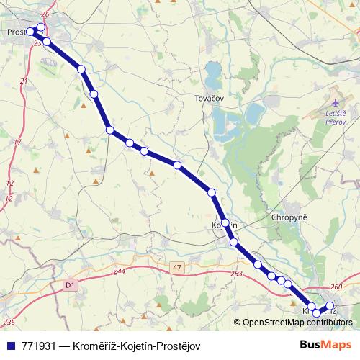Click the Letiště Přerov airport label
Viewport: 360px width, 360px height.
coord(336,117)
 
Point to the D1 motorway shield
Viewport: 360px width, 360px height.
coord(70,285)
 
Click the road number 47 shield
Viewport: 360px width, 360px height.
coord(177,267)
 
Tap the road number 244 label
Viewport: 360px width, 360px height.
coord(119,271)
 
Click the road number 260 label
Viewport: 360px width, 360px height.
coord(338,286)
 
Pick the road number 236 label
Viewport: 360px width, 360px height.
coord(9,322)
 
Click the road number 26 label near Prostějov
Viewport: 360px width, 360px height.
coord(45,14)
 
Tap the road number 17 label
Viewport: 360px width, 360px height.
coord(17,142)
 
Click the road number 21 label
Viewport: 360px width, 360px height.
coord(23,81)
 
